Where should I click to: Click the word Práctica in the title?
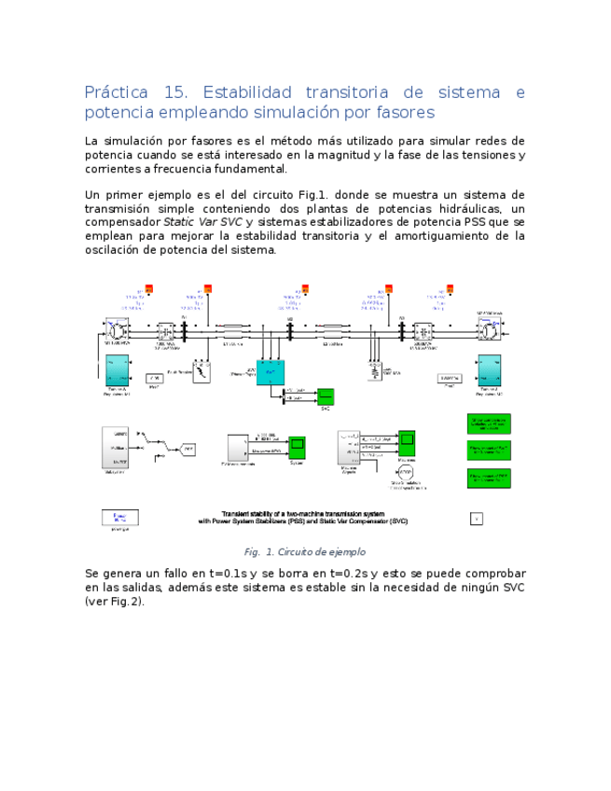click(x=116, y=92)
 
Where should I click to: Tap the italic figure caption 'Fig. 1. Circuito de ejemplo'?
click(x=304, y=551)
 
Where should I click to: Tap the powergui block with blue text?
click(x=119, y=518)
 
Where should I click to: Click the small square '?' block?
click(x=476, y=519)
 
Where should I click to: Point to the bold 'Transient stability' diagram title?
click(x=303, y=518)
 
